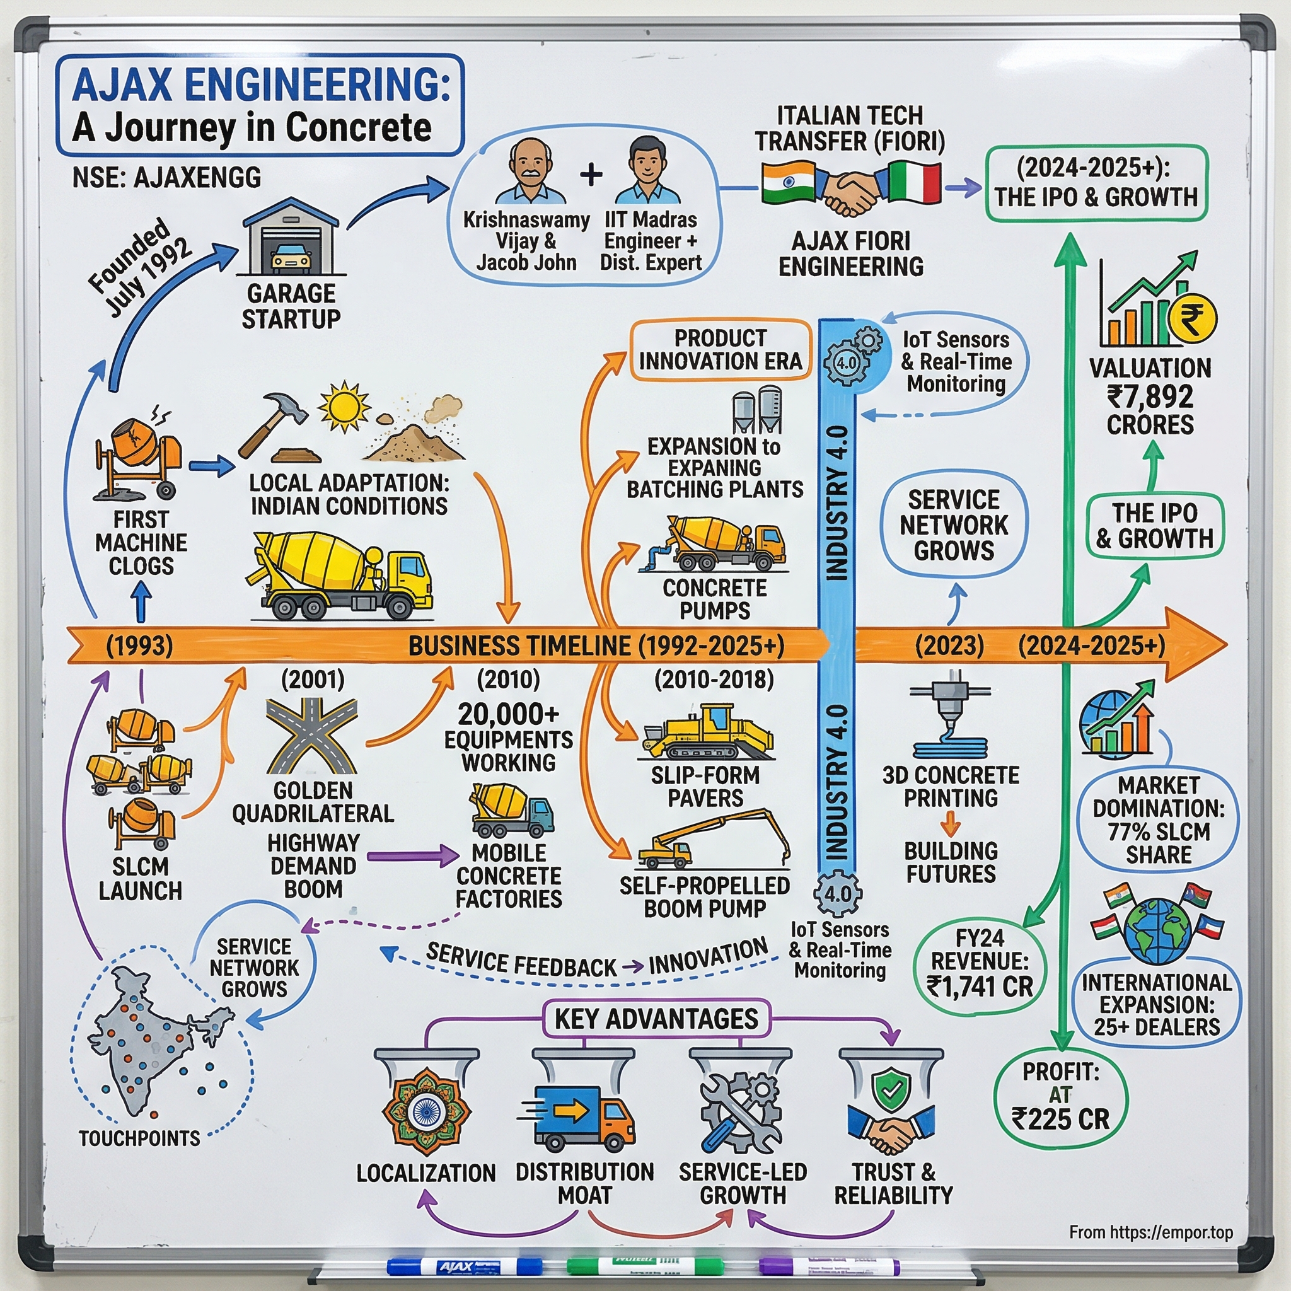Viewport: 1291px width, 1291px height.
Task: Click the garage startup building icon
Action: (291, 238)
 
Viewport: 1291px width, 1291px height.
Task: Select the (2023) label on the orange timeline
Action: (949, 645)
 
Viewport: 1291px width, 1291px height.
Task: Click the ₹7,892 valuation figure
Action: (1150, 397)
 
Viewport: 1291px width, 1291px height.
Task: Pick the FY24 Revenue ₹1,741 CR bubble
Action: (980, 962)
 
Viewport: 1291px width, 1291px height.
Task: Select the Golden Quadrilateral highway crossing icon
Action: (312, 736)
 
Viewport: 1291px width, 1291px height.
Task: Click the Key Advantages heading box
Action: (656, 1019)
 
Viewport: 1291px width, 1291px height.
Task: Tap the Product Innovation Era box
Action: (720, 349)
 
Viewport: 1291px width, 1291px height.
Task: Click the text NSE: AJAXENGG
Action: (166, 178)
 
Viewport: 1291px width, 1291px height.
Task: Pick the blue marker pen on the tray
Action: (465, 1265)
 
